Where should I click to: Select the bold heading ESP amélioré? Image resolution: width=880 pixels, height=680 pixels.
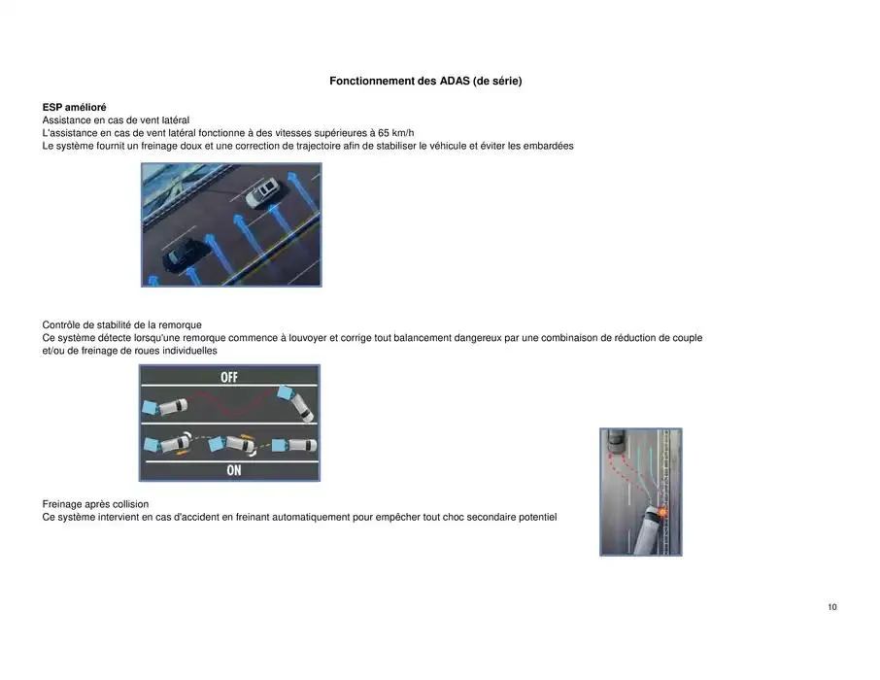click(x=75, y=107)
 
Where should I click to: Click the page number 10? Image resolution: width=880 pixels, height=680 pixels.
click(x=832, y=607)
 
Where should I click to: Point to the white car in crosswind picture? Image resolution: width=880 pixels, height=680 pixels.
click(x=262, y=192)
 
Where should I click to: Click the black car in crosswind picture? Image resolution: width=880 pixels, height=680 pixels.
click(x=183, y=255)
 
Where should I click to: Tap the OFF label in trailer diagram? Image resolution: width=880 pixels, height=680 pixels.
click(x=229, y=378)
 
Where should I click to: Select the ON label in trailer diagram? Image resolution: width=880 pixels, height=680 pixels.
click(x=233, y=470)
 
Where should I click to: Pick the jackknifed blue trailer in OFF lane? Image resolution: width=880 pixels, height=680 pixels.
click(x=288, y=393)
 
